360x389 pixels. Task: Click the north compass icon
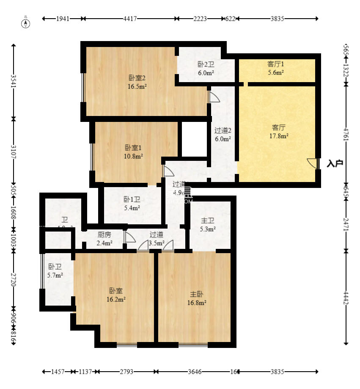pyautogui.click(x=26, y=23)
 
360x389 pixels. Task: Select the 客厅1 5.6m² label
pyautogui.click(x=275, y=68)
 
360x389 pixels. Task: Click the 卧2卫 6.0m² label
pyautogui.click(x=206, y=69)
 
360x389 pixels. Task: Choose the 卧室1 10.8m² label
pyautogui.click(x=133, y=152)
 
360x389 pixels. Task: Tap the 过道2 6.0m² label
pyautogui.click(x=223, y=135)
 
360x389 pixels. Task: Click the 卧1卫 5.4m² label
pyautogui.click(x=132, y=204)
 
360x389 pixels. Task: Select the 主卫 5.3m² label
pyautogui.click(x=208, y=225)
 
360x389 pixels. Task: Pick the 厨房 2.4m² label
pyautogui.click(x=104, y=238)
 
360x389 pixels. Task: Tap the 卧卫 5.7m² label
pyautogui.click(x=55, y=271)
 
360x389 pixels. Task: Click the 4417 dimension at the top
pyautogui.click(x=129, y=19)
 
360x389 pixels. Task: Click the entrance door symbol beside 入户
pyautogui.click(x=313, y=163)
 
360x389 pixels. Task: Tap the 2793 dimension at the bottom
pyautogui.click(x=126, y=372)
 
